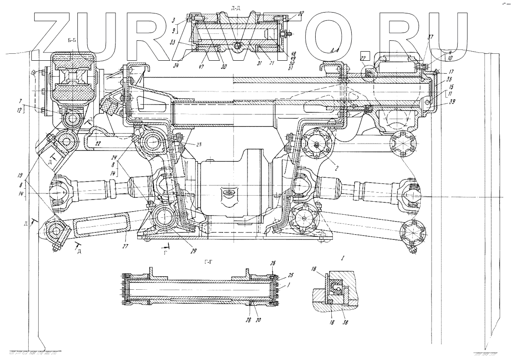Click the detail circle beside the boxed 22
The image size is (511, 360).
point(370,75)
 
